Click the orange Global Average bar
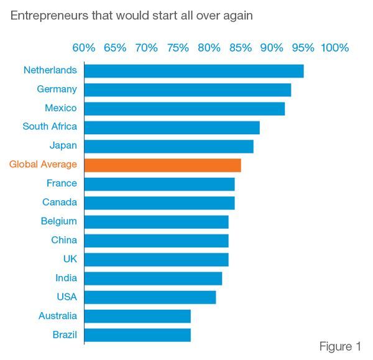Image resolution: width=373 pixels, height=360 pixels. [162, 165]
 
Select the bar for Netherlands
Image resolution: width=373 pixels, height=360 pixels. [193, 71]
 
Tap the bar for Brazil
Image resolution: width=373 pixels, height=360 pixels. [137, 335]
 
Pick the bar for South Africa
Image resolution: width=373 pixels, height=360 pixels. [172, 127]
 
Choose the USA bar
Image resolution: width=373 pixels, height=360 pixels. [150, 297]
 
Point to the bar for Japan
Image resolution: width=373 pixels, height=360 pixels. [168, 146]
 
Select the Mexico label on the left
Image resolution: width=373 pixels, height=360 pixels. [61, 108]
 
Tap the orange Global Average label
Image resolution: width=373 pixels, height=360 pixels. [43, 165]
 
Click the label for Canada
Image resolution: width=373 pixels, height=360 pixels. [60, 202]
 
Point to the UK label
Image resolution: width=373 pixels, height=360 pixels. [69, 259]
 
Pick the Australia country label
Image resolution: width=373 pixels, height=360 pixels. [58, 316]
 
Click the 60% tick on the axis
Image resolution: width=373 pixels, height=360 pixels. [84, 48]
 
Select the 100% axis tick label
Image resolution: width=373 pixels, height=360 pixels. [334, 48]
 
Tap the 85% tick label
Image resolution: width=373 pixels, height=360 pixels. [241, 48]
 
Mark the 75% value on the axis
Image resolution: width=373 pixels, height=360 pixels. [178, 48]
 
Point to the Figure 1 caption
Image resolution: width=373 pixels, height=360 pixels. [340, 346]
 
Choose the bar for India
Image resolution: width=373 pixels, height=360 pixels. [153, 278]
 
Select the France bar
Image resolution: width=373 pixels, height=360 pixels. [159, 184]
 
